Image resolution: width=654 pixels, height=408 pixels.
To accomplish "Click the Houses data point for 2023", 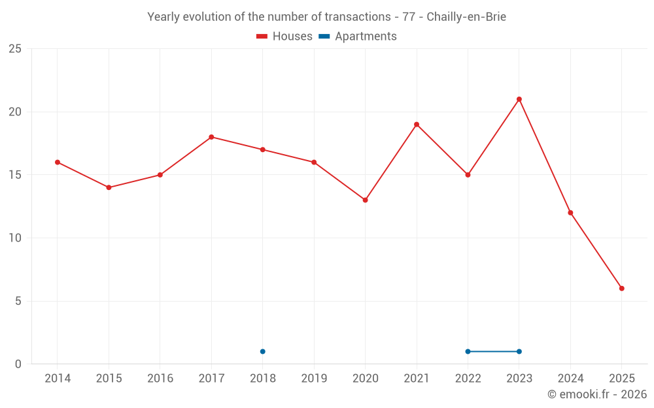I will pyautogui.click(x=519, y=99).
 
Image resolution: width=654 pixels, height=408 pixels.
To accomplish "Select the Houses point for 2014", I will pyautogui.click(x=58, y=162).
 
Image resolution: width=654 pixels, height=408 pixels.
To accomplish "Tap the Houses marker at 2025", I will pyautogui.click(x=622, y=289).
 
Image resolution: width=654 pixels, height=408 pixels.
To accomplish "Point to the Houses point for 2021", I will pyautogui.click(x=417, y=124).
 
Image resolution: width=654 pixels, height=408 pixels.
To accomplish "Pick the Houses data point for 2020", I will pyautogui.click(x=366, y=200).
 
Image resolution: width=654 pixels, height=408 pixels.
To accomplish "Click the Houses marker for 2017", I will pyautogui.click(x=211, y=137).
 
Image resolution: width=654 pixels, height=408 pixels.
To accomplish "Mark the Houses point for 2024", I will pyautogui.click(x=570, y=213).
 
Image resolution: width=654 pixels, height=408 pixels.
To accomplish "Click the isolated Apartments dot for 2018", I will pyautogui.click(x=263, y=352).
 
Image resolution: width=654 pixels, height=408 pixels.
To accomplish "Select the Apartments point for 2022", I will pyautogui.click(x=468, y=352).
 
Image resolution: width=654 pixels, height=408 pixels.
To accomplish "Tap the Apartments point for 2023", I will pyautogui.click(x=519, y=352).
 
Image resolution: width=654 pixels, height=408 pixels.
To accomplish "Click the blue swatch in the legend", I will pyautogui.click(x=324, y=37).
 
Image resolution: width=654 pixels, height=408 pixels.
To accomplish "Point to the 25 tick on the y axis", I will pyautogui.click(x=15, y=49).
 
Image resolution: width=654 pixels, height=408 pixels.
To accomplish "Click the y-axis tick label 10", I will pyautogui.click(x=15, y=238).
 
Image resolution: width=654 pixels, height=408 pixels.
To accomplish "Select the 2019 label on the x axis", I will pyautogui.click(x=314, y=379).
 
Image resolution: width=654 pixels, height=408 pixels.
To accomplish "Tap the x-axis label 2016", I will pyautogui.click(x=160, y=379).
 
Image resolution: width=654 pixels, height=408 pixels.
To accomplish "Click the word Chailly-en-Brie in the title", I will pyautogui.click(x=466, y=17).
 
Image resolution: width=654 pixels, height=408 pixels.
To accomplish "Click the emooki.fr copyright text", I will pyautogui.click(x=597, y=394).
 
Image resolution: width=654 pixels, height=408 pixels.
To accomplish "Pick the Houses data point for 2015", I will pyautogui.click(x=109, y=188).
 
